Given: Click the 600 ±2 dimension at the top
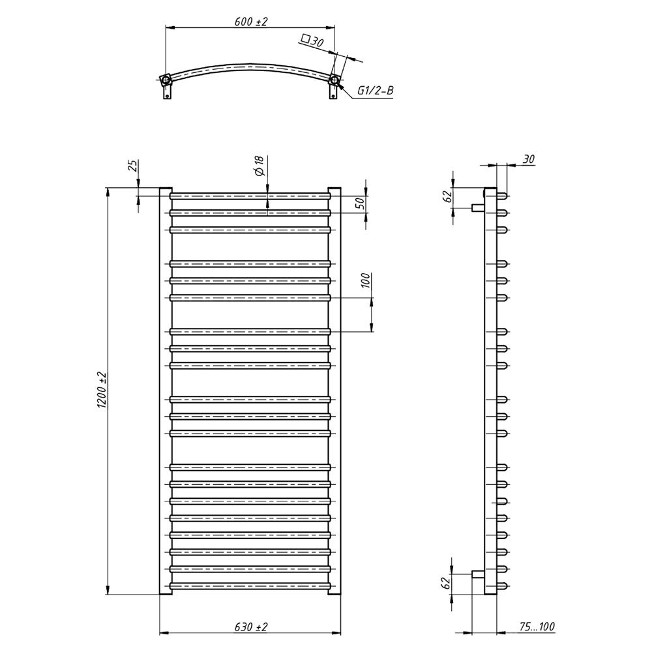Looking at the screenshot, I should [251, 22].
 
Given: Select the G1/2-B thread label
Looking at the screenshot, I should [375, 91].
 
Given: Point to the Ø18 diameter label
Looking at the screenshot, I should [259, 166].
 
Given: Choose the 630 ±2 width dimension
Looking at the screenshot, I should [251, 627].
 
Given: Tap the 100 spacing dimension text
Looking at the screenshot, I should [365, 281].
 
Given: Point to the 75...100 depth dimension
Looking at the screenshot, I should [537, 627].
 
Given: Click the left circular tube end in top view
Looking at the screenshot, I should [166, 80].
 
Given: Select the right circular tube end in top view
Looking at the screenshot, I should [334, 80].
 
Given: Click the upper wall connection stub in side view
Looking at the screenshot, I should [477, 207].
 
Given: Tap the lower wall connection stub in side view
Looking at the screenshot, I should [477, 574].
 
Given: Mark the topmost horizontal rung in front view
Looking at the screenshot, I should [250, 195].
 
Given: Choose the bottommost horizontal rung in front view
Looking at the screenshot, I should [250, 585].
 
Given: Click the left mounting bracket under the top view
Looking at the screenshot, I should [168, 94].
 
